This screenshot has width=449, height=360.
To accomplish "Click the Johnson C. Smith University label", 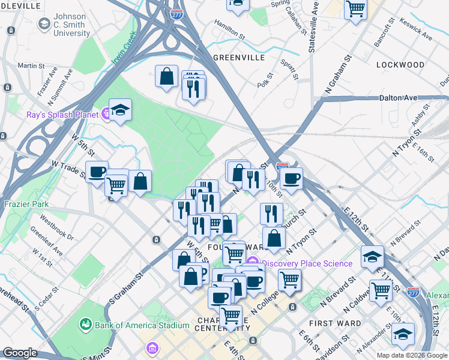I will [x=71, y=24].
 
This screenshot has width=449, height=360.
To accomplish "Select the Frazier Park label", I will [x=25, y=203].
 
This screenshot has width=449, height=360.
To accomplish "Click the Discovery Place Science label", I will [x=307, y=263].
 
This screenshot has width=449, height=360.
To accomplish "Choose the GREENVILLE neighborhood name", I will [x=238, y=58].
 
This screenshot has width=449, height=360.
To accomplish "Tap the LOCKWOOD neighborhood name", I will [x=400, y=64].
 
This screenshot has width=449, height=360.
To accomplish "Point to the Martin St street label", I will [x=31, y=65].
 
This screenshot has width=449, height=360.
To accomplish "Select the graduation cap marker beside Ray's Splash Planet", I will [x=120, y=110].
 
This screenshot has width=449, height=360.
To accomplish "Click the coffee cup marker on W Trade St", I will [x=97, y=172].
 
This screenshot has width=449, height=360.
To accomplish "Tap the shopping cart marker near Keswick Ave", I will [x=355, y=9].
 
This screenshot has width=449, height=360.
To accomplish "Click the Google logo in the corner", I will [x=20, y=353].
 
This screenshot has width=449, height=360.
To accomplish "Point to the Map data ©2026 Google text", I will [x=412, y=355].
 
